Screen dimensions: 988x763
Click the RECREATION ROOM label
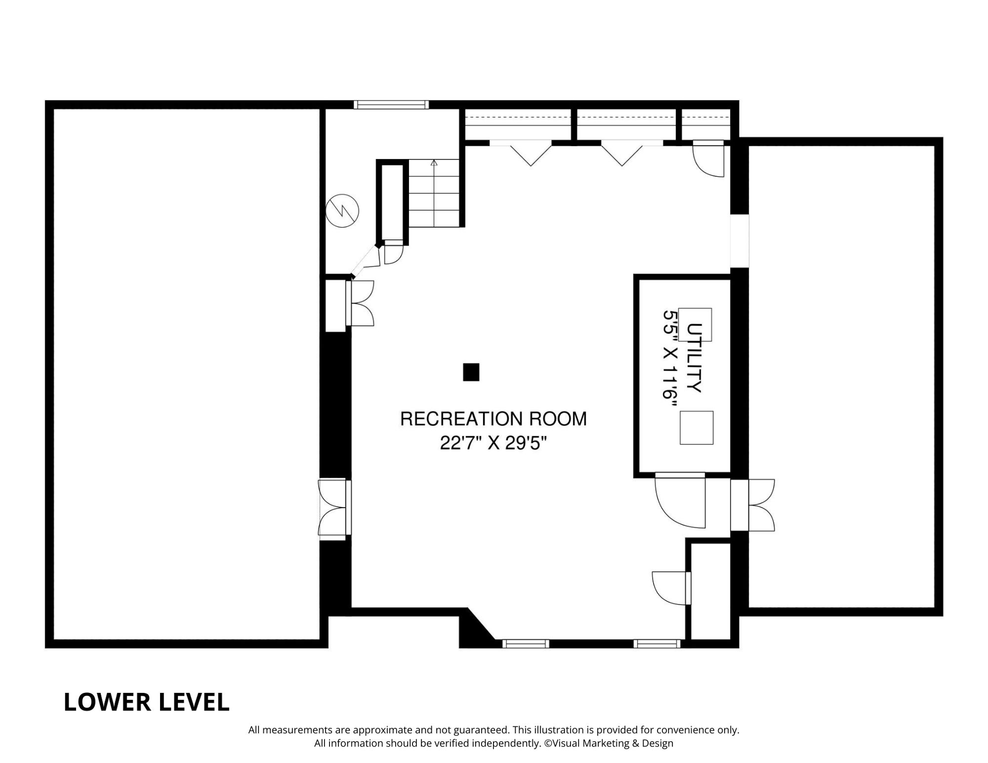(x=493, y=419)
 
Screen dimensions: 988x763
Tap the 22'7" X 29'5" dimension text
(x=493, y=443)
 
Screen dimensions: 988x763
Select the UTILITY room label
(x=694, y=358)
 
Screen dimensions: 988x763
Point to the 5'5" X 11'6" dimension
(x=670, y=355)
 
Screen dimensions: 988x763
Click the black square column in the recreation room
(x=471, y=372)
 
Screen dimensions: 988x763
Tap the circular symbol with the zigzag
(x=342, y=211)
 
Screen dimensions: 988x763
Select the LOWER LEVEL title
(x=147, y=702)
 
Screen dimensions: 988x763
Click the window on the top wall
(x=391, y=105)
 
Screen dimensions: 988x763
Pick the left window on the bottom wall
(x=526, y=644)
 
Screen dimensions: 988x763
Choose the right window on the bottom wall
(x=657, y=644)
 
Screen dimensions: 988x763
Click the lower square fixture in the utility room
(x=697, y=428)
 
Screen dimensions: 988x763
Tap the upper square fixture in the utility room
(x=695, y=325)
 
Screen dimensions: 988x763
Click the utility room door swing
(x=680, y=501)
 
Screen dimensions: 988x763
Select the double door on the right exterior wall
(x=753, y=505)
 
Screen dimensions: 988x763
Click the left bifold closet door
(x=520, y=153)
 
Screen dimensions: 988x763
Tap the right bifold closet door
(x=632, y=153)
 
